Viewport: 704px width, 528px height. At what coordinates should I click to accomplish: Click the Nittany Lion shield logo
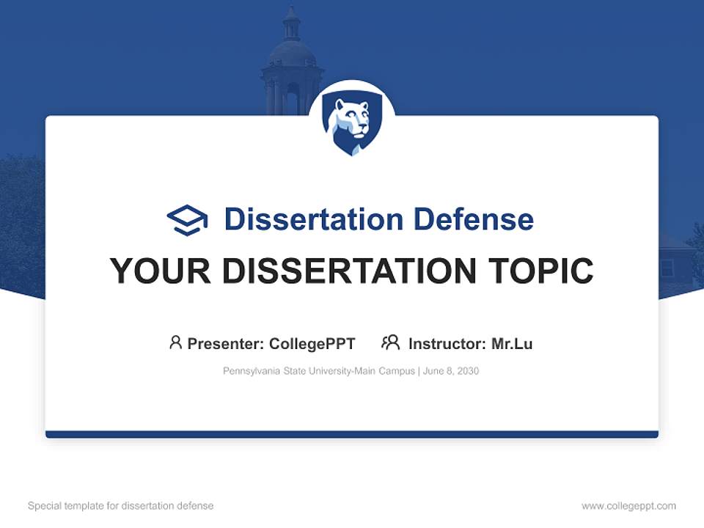pos(352,124)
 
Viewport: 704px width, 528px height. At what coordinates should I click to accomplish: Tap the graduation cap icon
pos(187,220)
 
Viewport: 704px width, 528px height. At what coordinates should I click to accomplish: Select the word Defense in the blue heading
pos(473,219)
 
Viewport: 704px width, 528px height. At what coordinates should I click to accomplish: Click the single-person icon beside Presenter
pos(175,342)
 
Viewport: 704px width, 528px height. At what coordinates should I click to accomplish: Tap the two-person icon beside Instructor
pos(390,342)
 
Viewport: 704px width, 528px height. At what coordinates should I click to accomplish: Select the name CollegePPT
pos(312,343)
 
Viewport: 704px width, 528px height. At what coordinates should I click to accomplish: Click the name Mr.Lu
pos(512,343)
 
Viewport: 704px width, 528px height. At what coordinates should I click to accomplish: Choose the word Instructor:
pos(447,343)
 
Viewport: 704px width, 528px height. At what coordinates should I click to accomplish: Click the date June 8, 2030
pos(451,371)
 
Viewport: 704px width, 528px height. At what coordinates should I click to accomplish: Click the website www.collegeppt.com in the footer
pos(628,506)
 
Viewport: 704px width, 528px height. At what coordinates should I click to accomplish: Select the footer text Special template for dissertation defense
pos(120,506)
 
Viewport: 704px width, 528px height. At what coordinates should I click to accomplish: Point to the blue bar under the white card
pos(352,434)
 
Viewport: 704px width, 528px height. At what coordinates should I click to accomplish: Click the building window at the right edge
pos(667,268)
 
